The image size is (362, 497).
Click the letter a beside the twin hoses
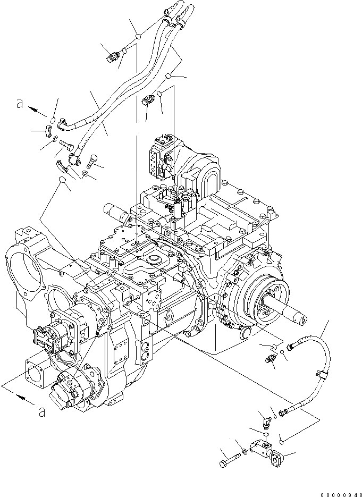20,105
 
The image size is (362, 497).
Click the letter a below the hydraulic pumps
41,410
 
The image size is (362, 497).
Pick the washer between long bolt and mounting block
243,452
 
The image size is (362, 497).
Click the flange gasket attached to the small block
277,456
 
